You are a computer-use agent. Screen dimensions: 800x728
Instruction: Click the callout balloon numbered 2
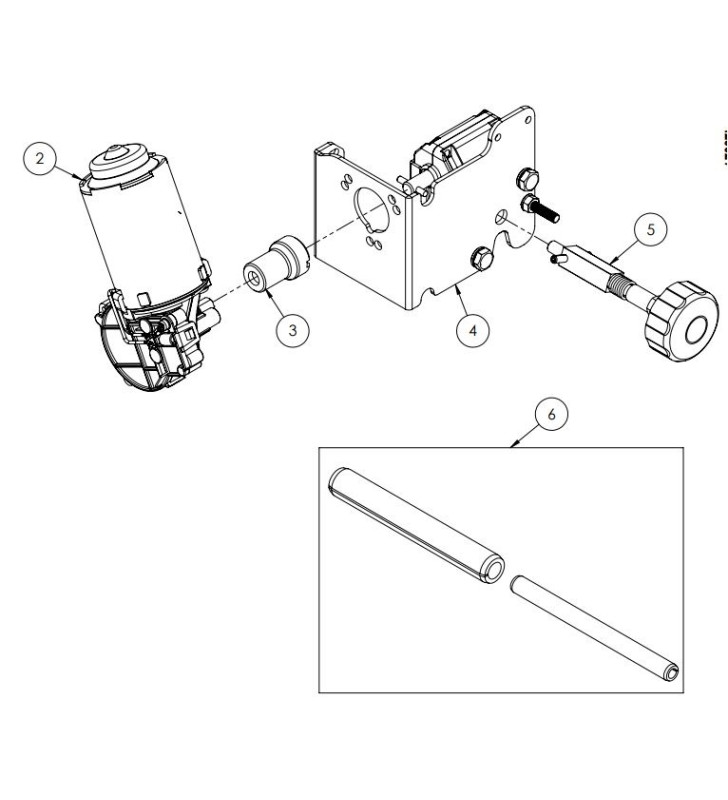pos(40,157)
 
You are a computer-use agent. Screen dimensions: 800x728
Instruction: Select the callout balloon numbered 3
pos(291,328)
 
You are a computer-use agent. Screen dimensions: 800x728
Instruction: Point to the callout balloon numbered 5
pos(651,229)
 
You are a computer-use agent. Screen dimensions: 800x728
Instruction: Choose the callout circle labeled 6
pos(551,411)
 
